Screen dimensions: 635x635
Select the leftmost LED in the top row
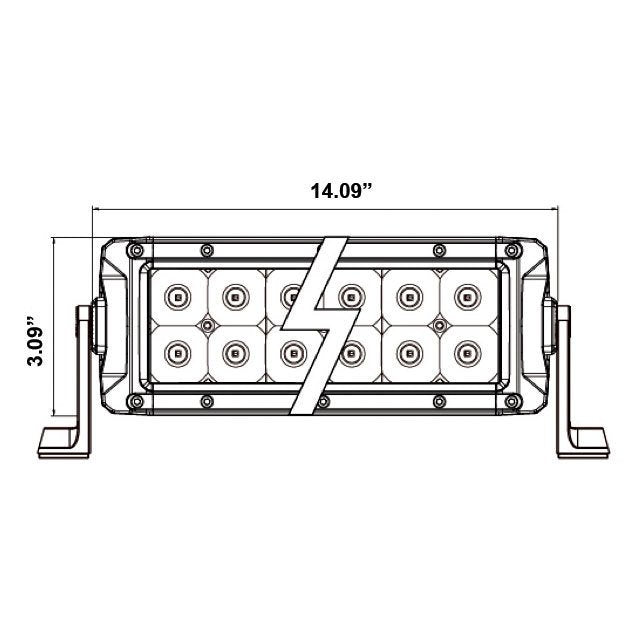178,296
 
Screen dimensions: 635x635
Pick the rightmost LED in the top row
465,296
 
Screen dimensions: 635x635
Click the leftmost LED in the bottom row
178,351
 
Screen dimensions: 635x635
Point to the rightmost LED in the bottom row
465,351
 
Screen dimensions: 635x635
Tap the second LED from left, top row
235,296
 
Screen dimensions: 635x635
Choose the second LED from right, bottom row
407,351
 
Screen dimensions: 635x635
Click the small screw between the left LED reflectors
207,324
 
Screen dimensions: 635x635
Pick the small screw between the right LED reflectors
436,324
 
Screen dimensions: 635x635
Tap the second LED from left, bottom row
235,351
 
